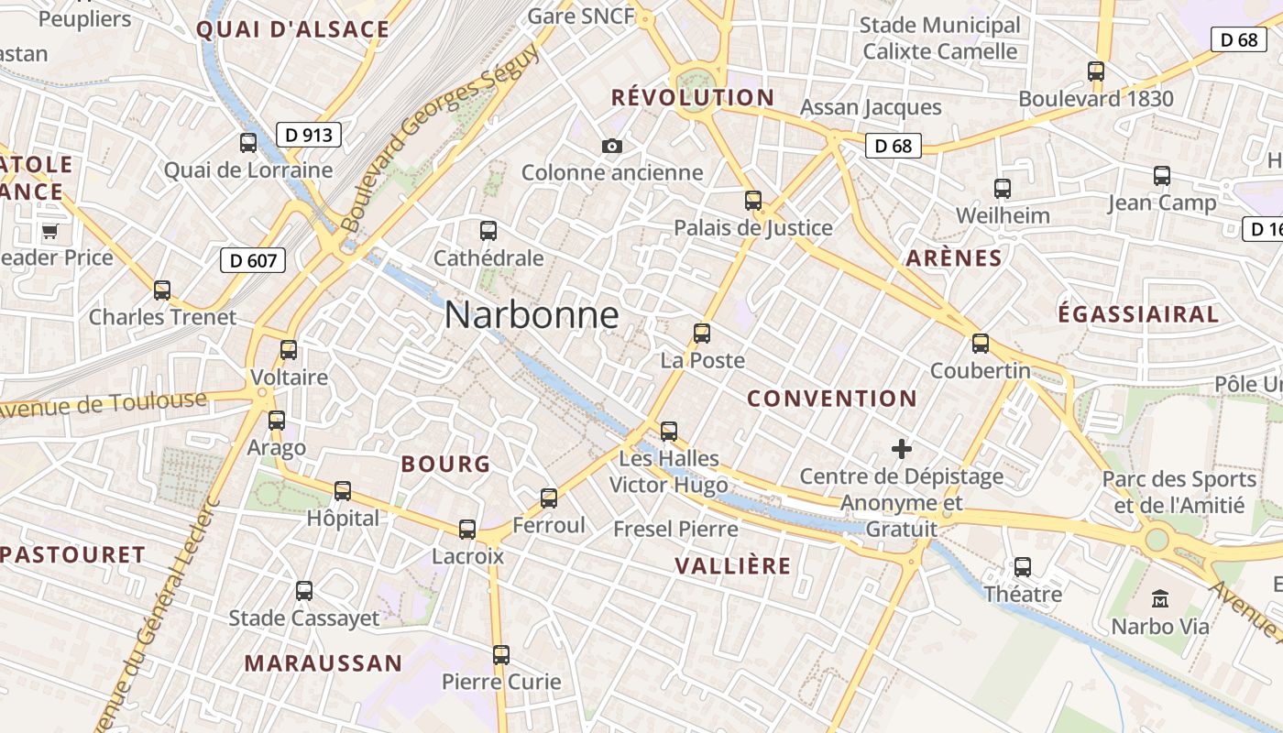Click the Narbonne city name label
532,315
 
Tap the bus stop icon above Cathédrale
488,231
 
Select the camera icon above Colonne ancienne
612,146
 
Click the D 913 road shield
308,136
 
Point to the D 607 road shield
253,260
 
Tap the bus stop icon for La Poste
702,334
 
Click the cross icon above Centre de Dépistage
902,449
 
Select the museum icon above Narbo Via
1160,599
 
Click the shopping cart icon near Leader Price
49,231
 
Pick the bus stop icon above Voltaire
289,350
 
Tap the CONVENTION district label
831,399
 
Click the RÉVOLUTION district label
692,97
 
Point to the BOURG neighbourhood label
445,464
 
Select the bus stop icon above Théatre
1023,567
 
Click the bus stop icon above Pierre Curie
500,655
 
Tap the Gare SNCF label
581,16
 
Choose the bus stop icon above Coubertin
981,344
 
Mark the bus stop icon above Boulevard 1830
1096,71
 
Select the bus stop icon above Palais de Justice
753,200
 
